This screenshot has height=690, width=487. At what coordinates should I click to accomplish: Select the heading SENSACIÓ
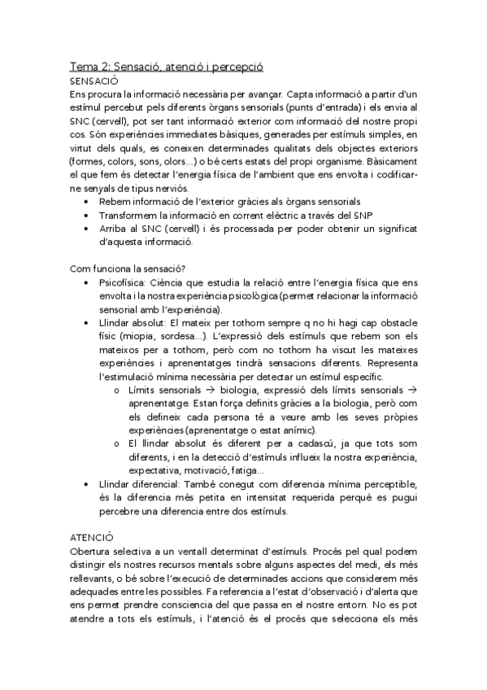tap(94, 81)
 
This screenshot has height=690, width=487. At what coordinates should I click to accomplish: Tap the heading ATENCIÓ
tap(91, 537)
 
